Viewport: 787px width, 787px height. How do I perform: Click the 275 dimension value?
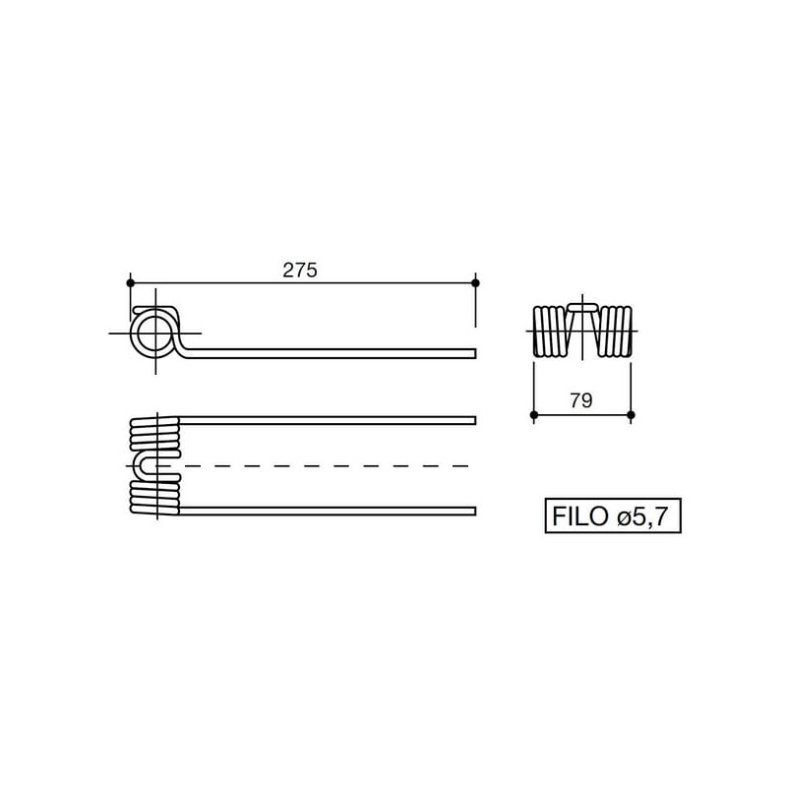point(300,271)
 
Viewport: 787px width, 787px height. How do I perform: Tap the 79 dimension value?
point(581,400)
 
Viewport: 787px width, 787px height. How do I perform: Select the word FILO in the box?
point(579,515)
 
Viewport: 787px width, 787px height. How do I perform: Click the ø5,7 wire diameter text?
point(643,516)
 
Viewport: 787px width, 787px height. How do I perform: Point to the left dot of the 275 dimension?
point(131,283)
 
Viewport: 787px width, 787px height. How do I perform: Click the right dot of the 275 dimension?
point(475,283)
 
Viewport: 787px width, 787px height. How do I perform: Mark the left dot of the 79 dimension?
point(534,415)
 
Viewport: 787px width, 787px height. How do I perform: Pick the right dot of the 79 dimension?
point(631,415)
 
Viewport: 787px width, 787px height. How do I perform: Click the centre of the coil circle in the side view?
point(155,333)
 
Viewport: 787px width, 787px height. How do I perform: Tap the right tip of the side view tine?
point(475,353)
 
